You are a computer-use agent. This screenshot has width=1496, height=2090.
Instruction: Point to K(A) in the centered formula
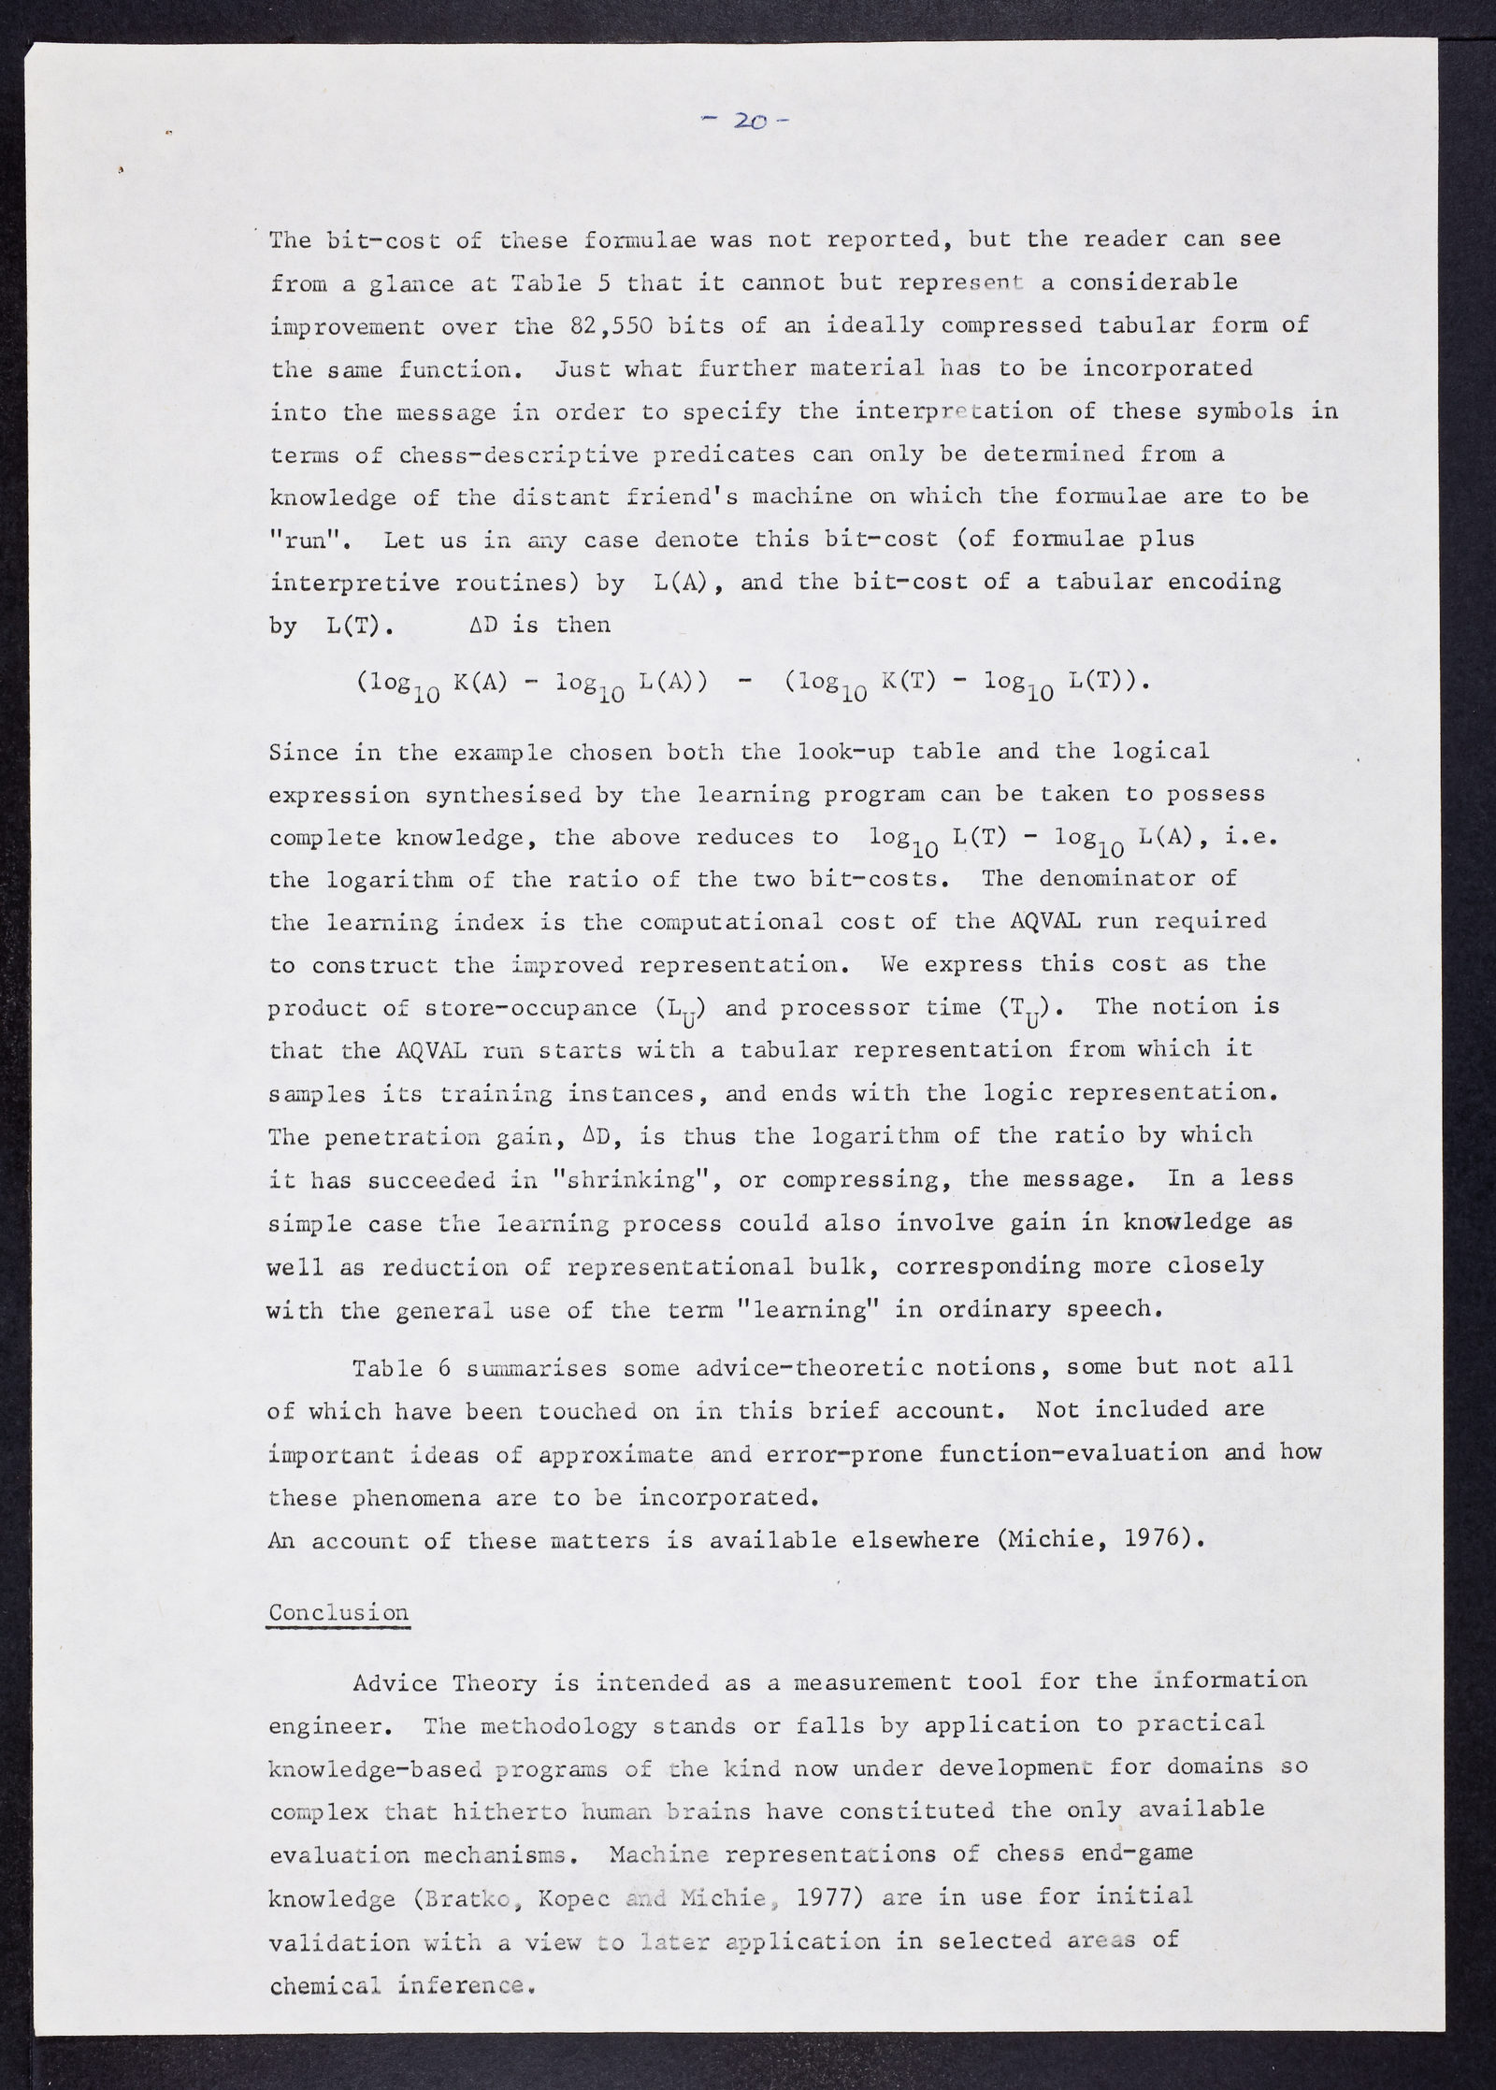(x=480, y=682)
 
